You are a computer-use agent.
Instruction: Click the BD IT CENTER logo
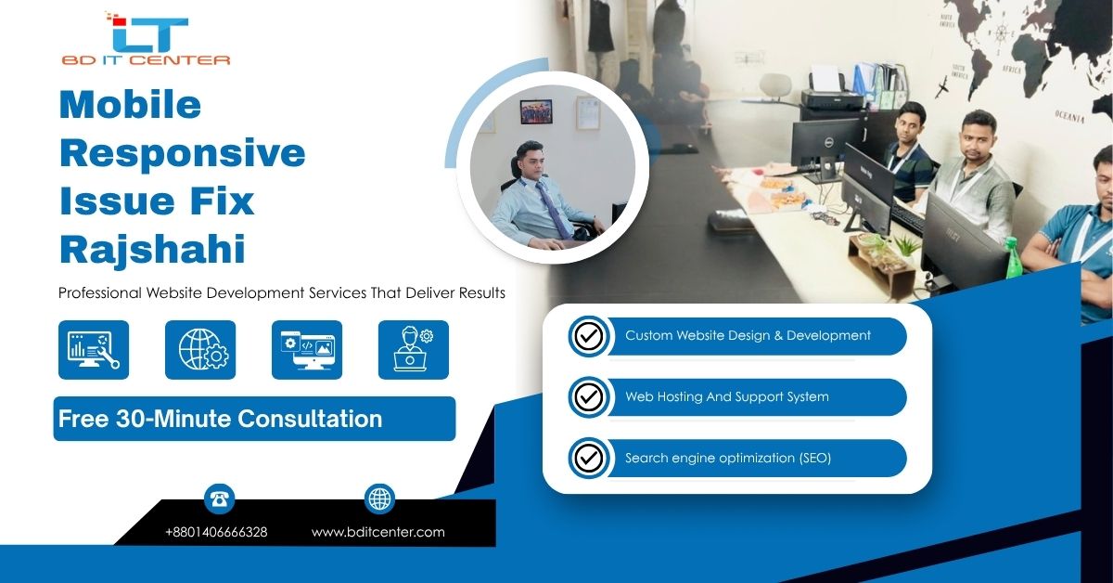(147, 39)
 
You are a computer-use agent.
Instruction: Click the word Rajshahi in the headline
(152, 249)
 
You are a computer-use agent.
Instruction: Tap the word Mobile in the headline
(130, 105)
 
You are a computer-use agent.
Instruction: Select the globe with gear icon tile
(200, 350)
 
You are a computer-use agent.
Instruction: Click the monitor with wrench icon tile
(94, 350)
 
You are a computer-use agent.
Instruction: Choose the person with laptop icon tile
(414, 350)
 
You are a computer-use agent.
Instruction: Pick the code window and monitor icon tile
(307, 350)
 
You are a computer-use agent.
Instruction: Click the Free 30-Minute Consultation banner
(254, 419)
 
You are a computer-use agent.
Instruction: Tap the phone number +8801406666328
(216, 532)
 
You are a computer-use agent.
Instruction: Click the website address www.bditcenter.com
(378, 532)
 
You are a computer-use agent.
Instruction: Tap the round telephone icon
(219, 499)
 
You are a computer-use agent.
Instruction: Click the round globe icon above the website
(379, 499)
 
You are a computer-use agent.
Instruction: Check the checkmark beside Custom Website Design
(589, 336)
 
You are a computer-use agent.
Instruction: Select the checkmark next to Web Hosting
(589, 397)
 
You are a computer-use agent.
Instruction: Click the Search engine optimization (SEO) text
(728, 459)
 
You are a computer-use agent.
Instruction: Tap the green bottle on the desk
(1012, 258)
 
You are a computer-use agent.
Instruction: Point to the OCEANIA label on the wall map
(1069, 116)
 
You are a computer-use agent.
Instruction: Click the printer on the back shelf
(832, 90)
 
